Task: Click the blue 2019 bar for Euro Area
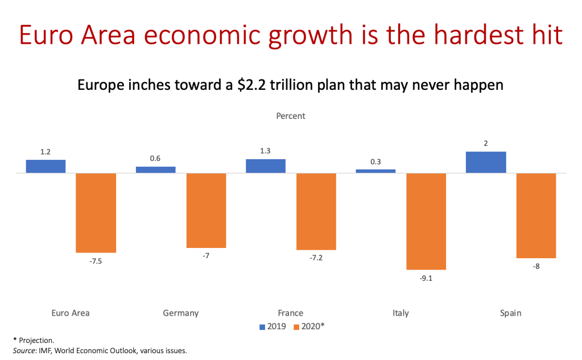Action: coord(46,166)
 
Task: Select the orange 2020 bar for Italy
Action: coord(426,221)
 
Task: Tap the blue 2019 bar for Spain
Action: coord(485,162)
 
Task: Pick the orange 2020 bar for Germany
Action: coord(206,210)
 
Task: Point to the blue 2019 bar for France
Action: coord(266,165)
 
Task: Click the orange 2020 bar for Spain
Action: coord(536,216)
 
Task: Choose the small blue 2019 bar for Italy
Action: coord(375,171)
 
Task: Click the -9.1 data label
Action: coord(426,279)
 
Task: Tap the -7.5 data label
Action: coord(96,262)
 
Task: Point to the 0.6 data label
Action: coord(155,159)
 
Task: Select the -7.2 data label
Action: coord(316,258)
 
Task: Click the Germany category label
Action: coord(180,313)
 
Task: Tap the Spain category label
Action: coord(510,313)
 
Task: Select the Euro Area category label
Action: coord(71,313)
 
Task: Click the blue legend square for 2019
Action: coord(262,328)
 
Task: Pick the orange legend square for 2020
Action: coord(296,328)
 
